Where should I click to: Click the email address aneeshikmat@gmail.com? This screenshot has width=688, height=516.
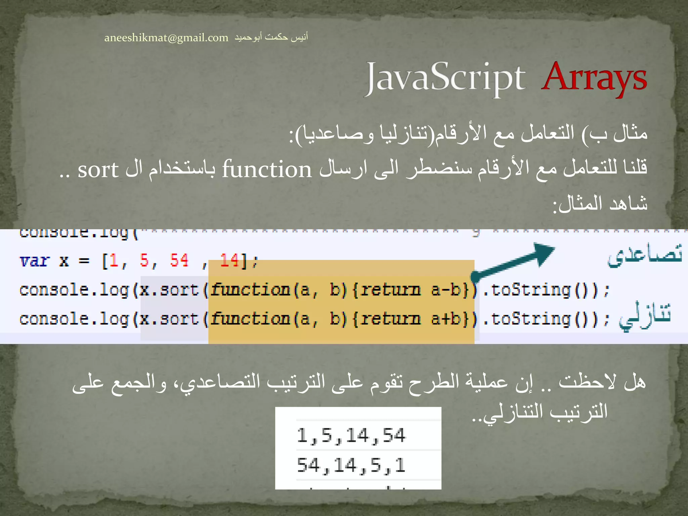coord(166,38)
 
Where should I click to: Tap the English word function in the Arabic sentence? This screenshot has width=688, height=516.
coord(267,169)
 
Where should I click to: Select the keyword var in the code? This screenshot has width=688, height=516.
coord(35,261)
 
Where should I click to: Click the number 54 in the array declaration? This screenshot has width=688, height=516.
coord(179,260)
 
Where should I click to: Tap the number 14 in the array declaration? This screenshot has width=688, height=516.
coord(229,260)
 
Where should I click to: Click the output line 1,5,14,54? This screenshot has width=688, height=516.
coord(351,436)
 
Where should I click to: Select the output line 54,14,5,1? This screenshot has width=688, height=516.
coord(351,466)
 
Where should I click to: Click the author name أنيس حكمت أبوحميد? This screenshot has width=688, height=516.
coord(271,37)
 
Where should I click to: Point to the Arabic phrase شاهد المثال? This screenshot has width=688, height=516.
coord(600,204)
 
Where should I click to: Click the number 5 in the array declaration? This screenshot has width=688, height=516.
coord(144,260)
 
